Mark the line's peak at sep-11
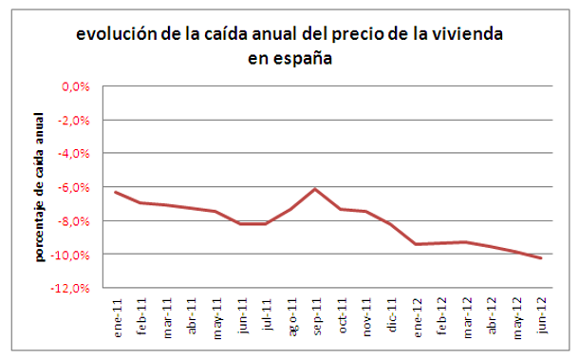coord(314,189)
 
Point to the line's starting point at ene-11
coord(115,192)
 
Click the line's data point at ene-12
coord(415,244)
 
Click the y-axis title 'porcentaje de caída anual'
coord(41,188)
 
